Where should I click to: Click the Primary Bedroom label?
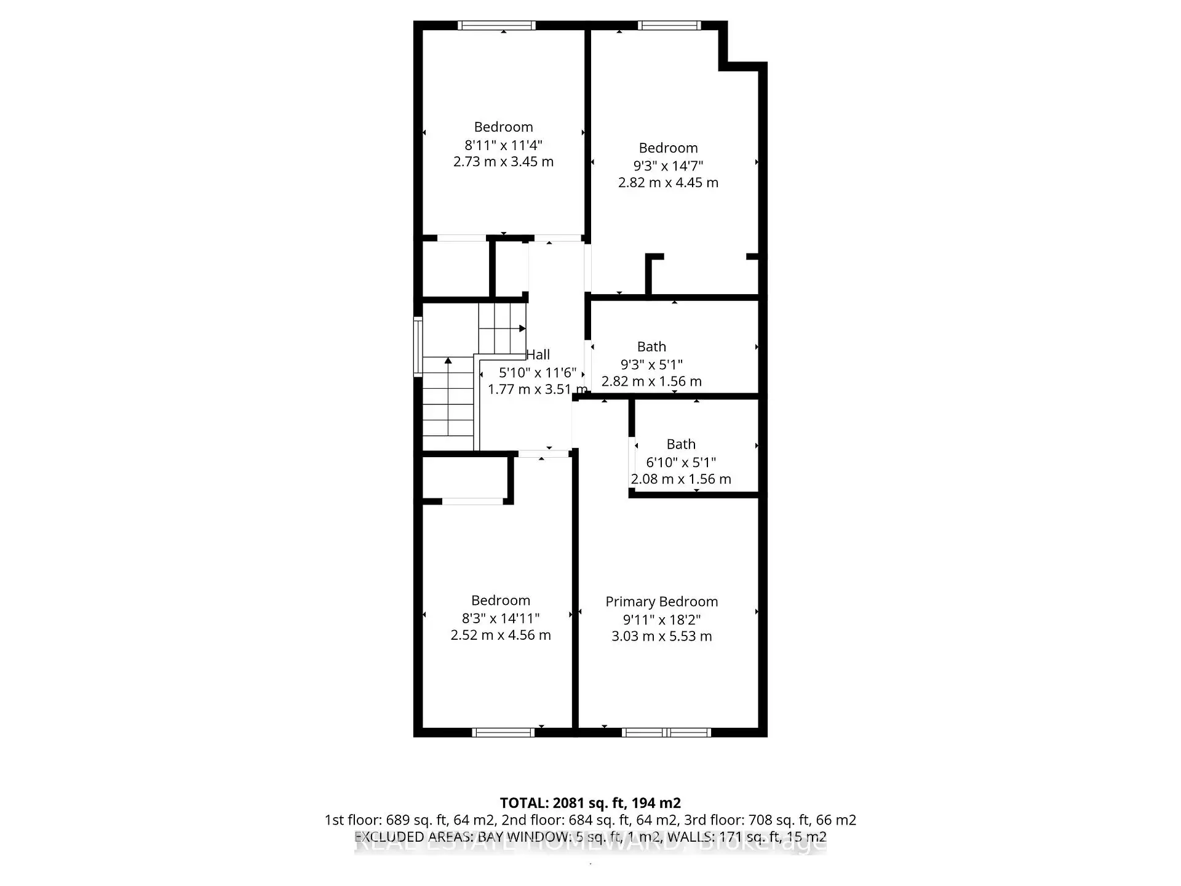(661, 602)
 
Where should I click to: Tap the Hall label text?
(538, 354)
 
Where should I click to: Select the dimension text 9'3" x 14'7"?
(668, 166)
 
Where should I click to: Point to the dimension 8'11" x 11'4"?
(503, 145)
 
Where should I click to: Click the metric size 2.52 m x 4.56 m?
(501, 635)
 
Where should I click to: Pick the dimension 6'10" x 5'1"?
(681, 462)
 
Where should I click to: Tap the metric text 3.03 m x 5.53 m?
(661, 636)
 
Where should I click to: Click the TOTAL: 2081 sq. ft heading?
(590, 803)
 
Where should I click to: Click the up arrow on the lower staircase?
(448, 361)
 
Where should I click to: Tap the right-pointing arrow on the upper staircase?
(522, 329)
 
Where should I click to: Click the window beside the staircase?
(418, 346)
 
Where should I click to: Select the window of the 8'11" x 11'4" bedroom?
(497, 25)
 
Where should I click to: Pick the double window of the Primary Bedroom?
(666, 732)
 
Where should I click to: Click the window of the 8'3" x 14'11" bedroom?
(503, 732)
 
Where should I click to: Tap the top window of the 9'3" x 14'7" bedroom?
(669, 25)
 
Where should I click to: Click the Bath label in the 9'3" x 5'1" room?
(651, 346)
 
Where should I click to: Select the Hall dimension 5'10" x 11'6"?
(538, 372)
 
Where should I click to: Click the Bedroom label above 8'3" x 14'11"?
(501, 601)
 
